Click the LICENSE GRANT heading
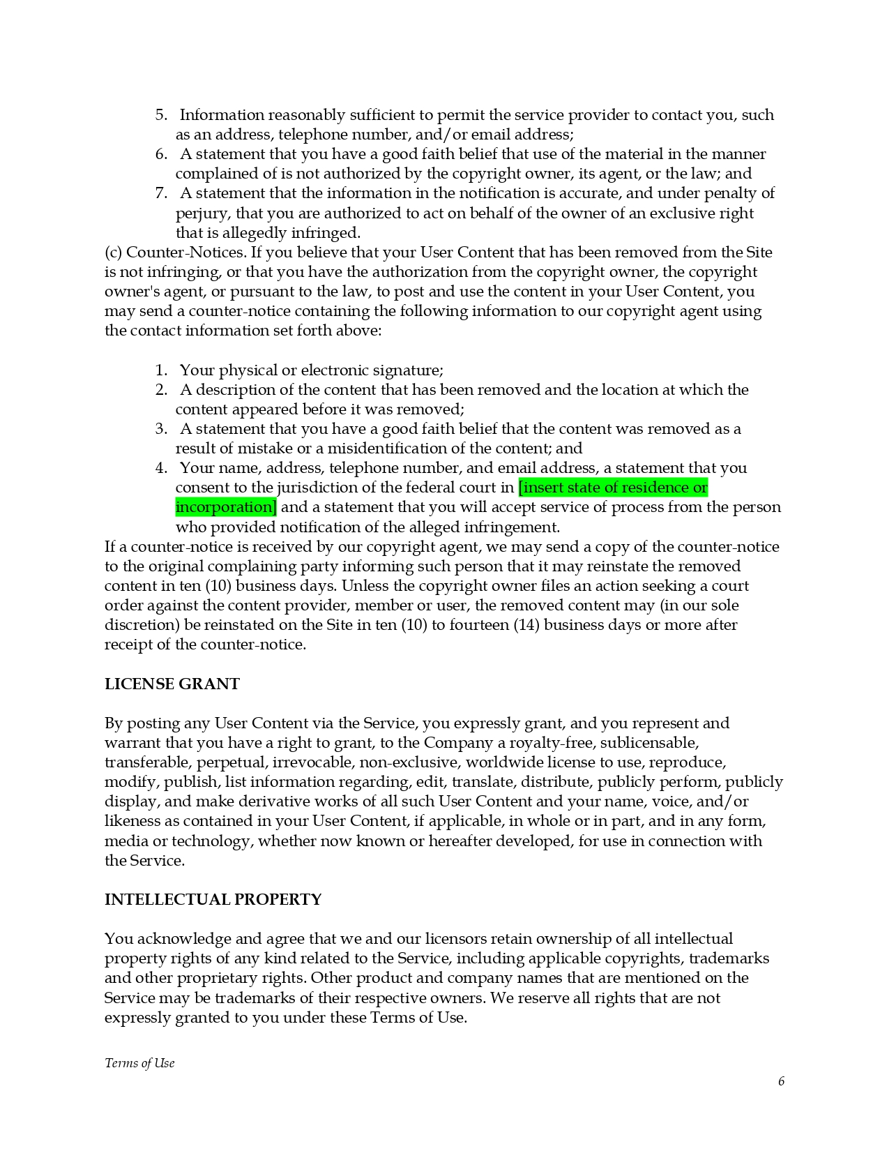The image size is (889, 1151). pyautogui.click(x=172, y=684)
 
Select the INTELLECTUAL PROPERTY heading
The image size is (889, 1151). pyautogui.click(x=213, y=900)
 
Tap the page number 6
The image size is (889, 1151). pyautogui.click(x=781, y=1081)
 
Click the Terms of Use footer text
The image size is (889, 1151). pyautogui.click(x=139, y=1063)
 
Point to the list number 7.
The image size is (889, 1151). pyautogui.click(x=161, y=193)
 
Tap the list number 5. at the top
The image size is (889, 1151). pyautogui.click(x=161, y=115)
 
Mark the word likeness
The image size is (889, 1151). pyautogui.click(x=132, y=822)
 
